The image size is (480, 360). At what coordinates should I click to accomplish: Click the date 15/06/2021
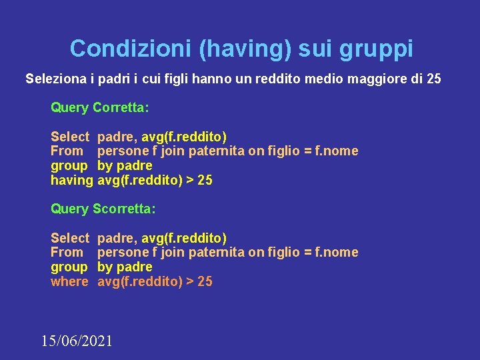click(x=77, y=341)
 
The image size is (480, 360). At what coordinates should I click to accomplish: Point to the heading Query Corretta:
click(x=100, y=107)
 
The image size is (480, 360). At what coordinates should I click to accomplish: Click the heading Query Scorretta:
click(x=103, y=209)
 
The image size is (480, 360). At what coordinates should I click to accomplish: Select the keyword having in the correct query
click(x=71, y=180)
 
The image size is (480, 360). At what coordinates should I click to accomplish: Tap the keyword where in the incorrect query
click(x=69, y=281)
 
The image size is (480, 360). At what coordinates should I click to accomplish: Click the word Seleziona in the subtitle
click(x=55, y=79)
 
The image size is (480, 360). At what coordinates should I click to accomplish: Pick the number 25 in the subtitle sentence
click(x=433, y=79)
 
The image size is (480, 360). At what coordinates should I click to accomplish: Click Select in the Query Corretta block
click(x=70, y=137)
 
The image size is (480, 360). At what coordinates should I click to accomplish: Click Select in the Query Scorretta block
click(x=70, y=238)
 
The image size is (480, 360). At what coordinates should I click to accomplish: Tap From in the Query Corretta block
click(x=67, y=151)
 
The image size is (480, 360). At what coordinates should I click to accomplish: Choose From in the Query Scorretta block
click(x=67, y=253)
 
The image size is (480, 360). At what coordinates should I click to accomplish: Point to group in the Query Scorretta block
click(x=69, y=267)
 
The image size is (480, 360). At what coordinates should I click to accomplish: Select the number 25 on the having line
click(x=205, y=180)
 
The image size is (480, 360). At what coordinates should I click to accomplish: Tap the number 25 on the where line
click(x=205, y=281)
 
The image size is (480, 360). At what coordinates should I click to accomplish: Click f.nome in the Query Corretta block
click(x=337, y=151)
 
